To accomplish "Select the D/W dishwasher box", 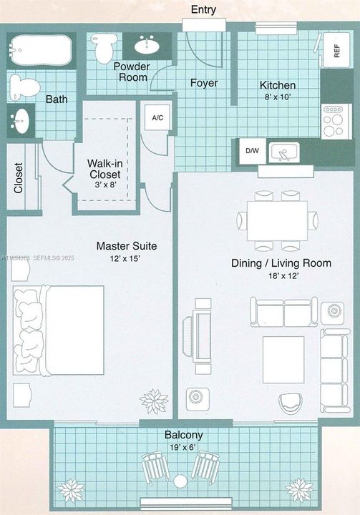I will click(x=252, y=151).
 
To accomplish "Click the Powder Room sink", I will click(x=149, y=45).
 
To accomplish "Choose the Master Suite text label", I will click(x=127, y=246).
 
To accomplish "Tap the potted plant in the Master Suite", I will click(x=154, y=401).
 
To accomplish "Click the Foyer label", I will click(x=204, y=82).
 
